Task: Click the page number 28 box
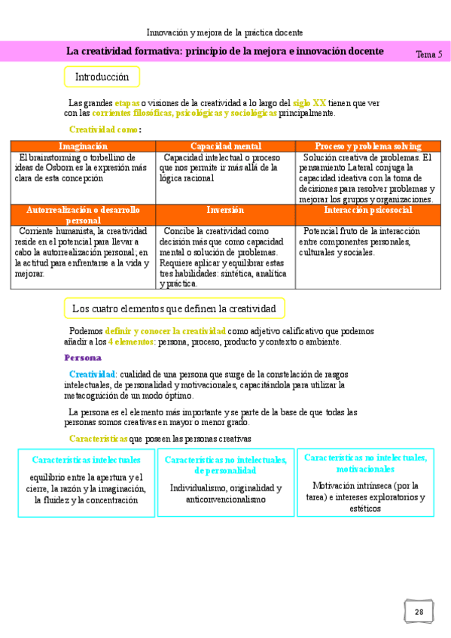419,612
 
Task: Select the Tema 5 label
428,54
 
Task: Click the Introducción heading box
102,77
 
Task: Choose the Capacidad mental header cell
226,146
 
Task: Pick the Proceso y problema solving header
368,146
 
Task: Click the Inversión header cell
226,211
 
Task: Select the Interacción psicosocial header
368,211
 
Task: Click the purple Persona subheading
83,357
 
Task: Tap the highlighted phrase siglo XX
309,102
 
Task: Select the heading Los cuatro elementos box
174,308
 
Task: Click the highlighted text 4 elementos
132,342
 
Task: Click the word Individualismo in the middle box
197,488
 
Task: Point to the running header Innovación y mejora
224,33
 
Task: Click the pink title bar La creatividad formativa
224,51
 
